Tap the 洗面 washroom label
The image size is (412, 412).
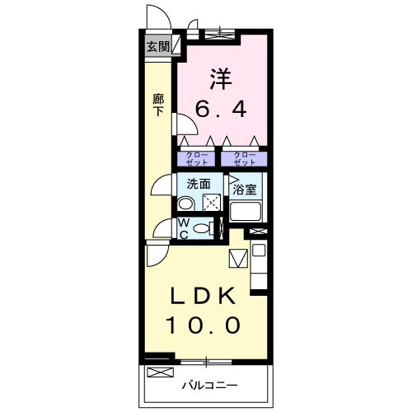pos(198,185)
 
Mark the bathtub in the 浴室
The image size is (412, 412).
pos(246,211)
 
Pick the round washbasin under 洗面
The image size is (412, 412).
pos(186,204)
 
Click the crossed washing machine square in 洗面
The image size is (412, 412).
pos(212,202)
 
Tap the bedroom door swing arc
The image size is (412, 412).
pos(184,124)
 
